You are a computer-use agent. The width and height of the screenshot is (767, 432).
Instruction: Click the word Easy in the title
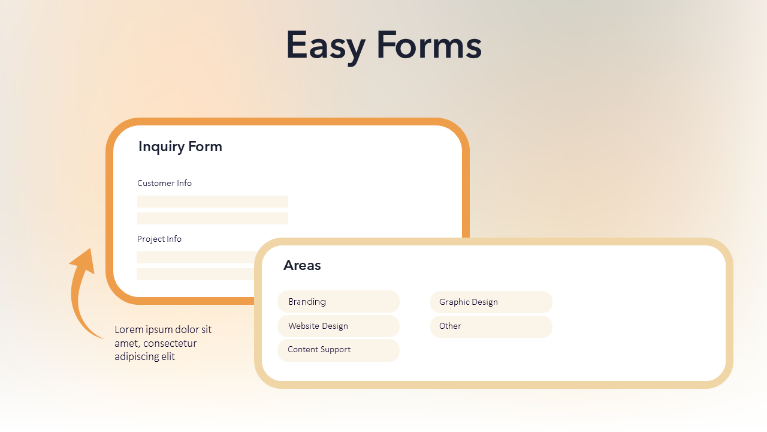coord(324,46)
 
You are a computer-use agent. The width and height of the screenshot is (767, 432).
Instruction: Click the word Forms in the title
coord(429,46)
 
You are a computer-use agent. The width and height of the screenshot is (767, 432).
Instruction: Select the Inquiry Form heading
coord(180,146)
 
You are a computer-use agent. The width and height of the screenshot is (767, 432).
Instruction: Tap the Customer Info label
coord(164,183)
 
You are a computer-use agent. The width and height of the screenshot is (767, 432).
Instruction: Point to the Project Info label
coord(159,239)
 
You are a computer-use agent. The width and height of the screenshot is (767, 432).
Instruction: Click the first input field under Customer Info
coord(212,202)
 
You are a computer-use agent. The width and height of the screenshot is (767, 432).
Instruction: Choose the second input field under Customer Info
coord(212,218)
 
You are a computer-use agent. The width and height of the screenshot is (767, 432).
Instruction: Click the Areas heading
coord(302,265)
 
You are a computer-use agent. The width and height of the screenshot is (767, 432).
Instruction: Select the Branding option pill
coord(338,302)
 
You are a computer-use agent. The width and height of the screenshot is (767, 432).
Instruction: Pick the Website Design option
coord(338,326)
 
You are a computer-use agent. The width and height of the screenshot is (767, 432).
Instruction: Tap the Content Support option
coord(338,350)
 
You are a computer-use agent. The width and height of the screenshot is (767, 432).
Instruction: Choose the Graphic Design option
coord(491,302)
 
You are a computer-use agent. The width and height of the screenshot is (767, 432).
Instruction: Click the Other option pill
coord(491,326)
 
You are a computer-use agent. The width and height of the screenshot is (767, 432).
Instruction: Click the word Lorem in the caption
coord(128,329)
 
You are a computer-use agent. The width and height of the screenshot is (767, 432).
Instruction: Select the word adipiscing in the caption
coord(136,356)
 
